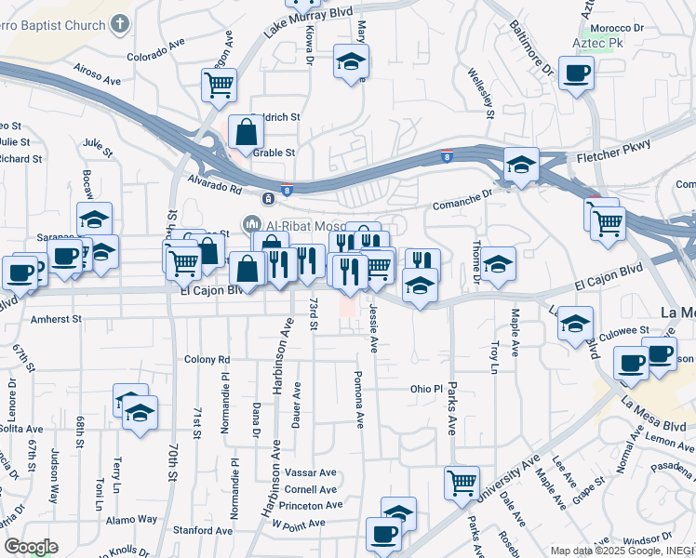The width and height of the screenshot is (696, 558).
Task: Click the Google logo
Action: click(x=31, y=547)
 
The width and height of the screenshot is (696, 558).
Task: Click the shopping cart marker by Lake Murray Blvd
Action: click(x=219, y=85)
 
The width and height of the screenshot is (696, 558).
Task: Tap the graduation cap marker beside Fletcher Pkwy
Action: click(x=521, y=165)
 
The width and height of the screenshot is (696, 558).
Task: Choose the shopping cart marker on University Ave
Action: click(x=461, y=483)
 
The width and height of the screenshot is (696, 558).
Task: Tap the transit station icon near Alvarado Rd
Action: click(x=268, y=198)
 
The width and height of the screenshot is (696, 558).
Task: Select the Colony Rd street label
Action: click(x=207, y=359)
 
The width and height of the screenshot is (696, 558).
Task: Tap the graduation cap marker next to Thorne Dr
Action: click(x=498, y=264)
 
